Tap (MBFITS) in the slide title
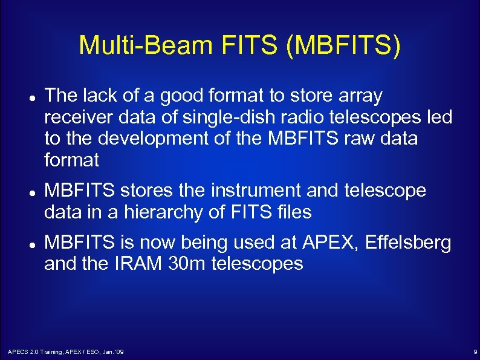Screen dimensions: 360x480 [x=345, y=46]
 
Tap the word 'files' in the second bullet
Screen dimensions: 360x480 [x=293, y=212]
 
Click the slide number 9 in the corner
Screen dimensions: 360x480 [x=475, y=352]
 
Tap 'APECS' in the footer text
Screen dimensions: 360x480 [x=17, y=352]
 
